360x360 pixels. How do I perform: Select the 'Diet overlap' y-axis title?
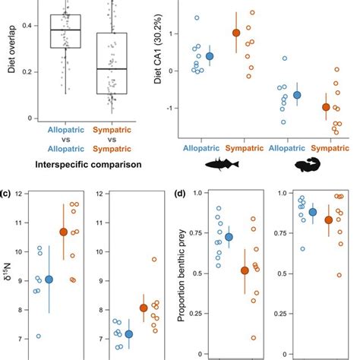coord(9,56)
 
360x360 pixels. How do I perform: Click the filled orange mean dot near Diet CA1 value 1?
coord(235,33)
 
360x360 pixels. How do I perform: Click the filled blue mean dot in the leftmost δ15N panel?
coord(49,279)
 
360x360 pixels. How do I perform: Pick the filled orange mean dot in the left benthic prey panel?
coord(245,270)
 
